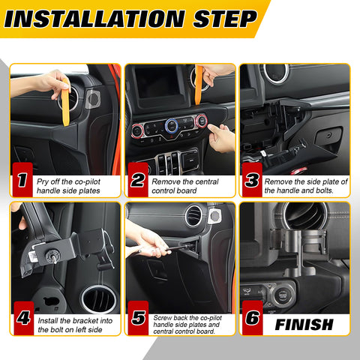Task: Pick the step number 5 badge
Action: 138,318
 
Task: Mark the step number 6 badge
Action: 252,318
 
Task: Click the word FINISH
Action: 304,325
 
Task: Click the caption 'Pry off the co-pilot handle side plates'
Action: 75,186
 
